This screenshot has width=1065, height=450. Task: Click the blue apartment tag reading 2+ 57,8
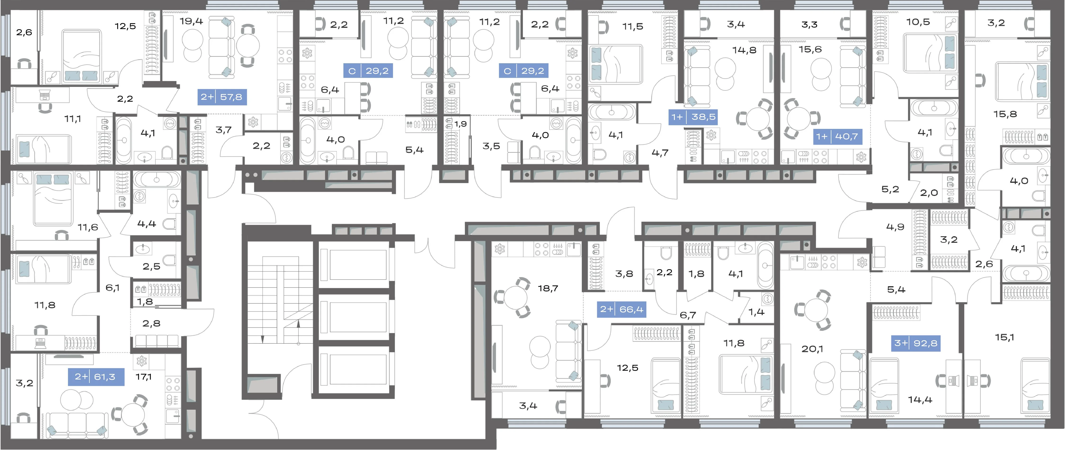222,97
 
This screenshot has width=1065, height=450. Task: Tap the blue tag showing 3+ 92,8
916,343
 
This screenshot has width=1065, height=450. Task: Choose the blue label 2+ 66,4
622,309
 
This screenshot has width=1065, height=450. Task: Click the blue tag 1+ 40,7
838,136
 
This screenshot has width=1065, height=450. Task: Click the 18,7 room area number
548,288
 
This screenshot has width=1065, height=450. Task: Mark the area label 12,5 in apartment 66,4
628,368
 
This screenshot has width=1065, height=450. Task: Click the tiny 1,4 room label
756,312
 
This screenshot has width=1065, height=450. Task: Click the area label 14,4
920,400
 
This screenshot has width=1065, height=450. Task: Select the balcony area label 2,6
24,32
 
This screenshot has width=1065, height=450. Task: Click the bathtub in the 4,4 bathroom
157,180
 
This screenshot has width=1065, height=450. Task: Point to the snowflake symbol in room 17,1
141,361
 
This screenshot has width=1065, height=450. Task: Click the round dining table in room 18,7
515,297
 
